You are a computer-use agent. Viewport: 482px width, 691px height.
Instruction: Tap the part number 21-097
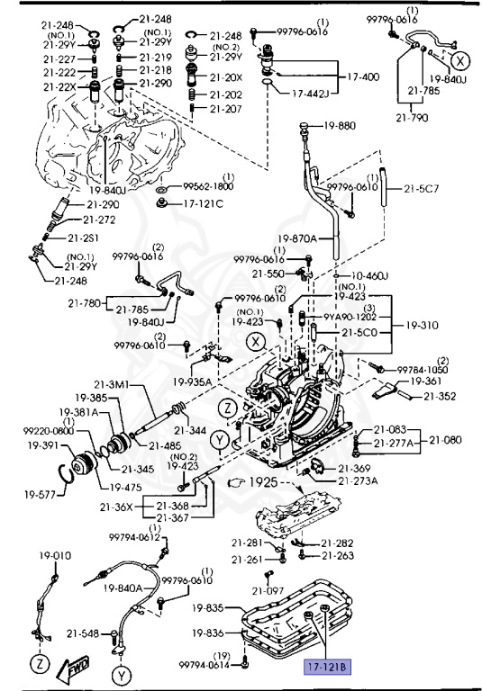[268, 591]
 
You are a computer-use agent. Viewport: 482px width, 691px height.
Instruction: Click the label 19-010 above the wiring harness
[53, 555]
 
